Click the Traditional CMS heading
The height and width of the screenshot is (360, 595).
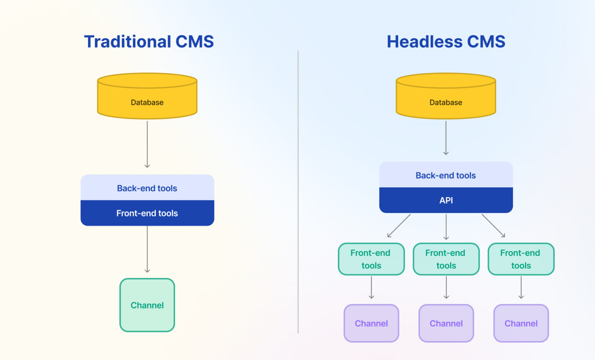point(149,41)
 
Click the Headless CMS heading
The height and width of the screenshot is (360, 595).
point(446,41)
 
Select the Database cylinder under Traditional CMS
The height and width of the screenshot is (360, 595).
point(147,97)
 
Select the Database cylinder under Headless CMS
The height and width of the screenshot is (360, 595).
point(446,97)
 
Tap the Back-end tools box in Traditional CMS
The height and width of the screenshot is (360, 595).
point(147,188)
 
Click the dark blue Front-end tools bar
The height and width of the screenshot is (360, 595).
point(147,213)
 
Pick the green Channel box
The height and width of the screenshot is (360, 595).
point(147,305)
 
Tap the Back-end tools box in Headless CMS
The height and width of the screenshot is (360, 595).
point(446,175)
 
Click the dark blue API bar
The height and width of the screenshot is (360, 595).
point(446,200)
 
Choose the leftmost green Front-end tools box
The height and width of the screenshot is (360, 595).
point(371,259)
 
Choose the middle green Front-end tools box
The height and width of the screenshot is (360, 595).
point(446,259)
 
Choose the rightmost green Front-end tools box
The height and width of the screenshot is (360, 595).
point(521,259)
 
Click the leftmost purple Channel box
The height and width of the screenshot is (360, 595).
point(371,323)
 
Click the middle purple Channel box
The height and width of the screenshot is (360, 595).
point(446,323)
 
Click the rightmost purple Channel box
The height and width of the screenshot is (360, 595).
point(521,323)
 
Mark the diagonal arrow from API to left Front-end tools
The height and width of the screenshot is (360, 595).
point(399,226)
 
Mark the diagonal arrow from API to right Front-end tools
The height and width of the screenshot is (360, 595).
point(493,226)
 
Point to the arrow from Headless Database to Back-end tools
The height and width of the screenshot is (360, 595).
point(446,138)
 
